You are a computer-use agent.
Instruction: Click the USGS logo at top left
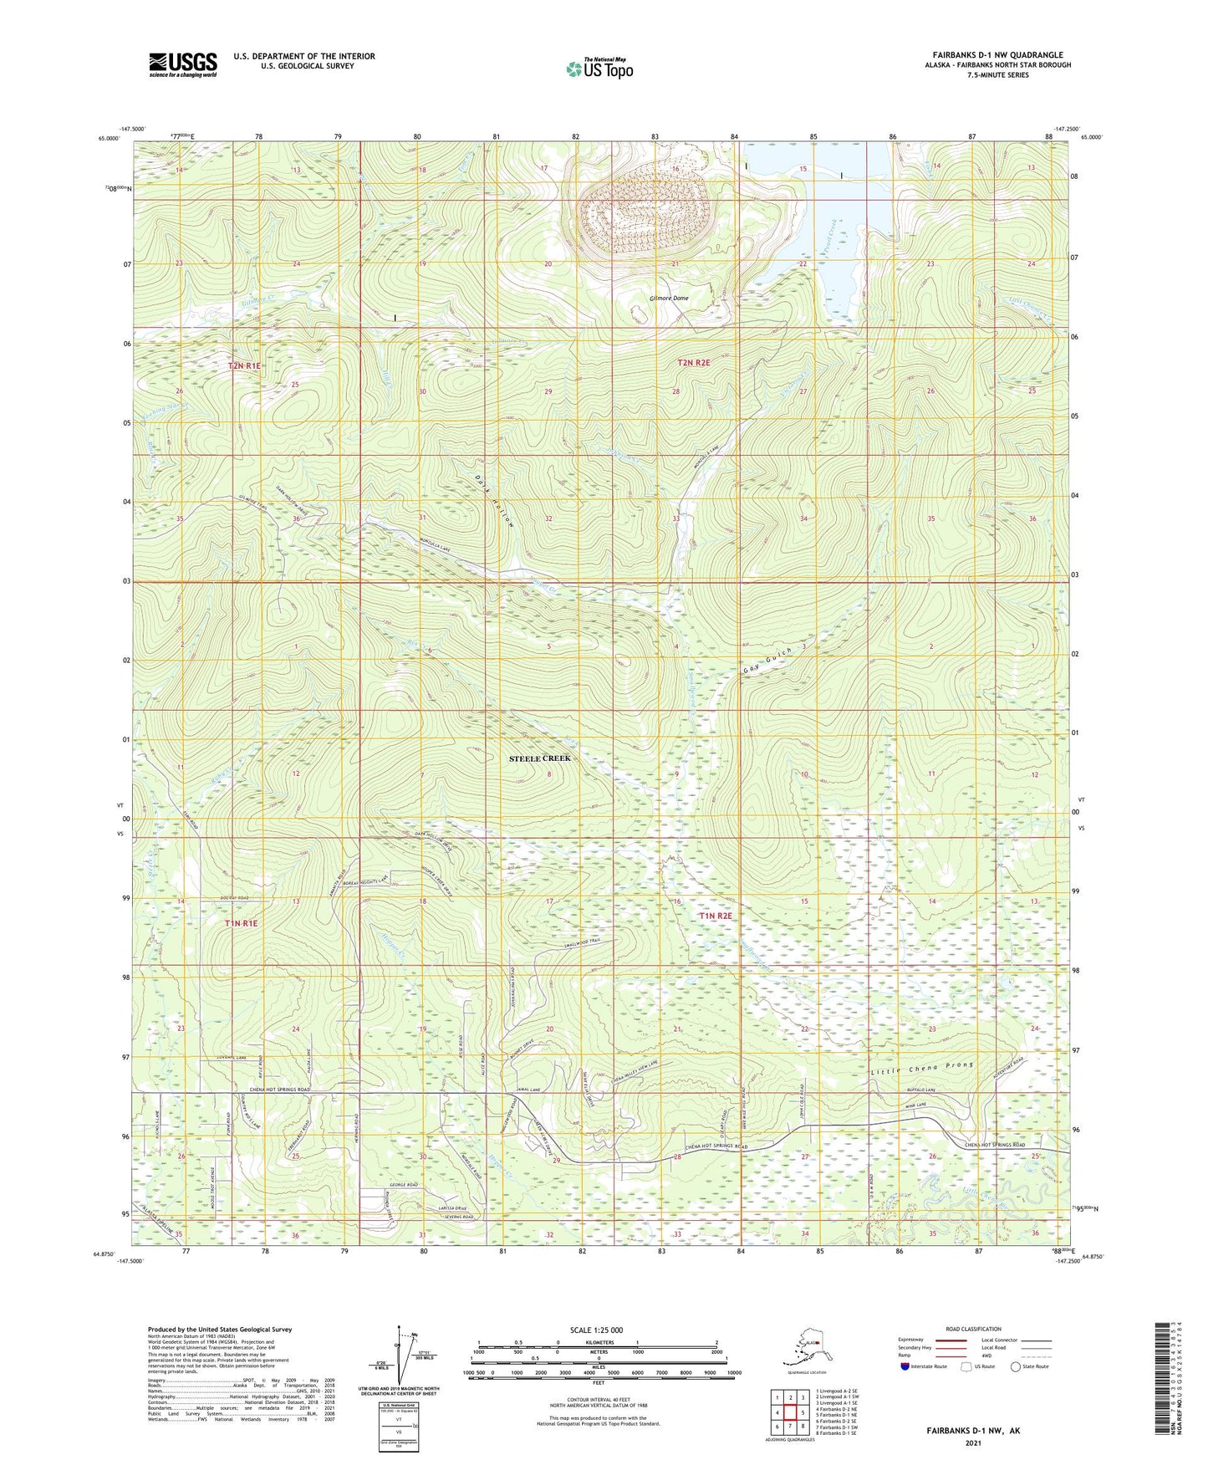pos(182,64)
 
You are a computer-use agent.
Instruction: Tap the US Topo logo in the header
pos(599,69)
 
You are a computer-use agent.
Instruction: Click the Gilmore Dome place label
pos(669,298)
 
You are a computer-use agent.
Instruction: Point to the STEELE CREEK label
pos(540,758)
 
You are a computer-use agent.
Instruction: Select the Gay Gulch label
pos(767,662)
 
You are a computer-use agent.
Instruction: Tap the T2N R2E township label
pos(693,363)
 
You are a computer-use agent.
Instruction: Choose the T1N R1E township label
pos(241,923)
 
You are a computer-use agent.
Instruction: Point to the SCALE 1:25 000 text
pos(597,1330)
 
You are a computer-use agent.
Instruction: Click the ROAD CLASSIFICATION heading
pos(973,1329)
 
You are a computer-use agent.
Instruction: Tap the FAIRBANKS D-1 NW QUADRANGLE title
pos(995,55)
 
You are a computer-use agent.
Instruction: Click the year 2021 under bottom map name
pos(972,1442)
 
